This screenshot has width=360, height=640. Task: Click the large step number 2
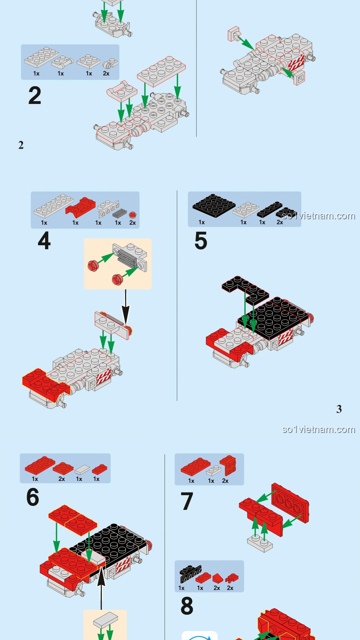(35, 96)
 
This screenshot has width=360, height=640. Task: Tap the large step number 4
(44, 241)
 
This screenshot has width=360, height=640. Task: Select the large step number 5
(201, 241)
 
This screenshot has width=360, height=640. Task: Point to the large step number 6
(33, 497)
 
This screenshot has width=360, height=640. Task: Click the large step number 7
(187, 501)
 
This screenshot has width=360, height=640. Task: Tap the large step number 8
(187, 606)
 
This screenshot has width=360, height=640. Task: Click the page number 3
(339, 409)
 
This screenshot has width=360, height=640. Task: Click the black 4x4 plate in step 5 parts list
(214, 205)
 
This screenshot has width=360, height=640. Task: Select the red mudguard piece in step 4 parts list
(81, 207)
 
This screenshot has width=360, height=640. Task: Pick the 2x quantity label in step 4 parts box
(132, 223)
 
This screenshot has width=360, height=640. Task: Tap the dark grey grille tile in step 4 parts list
(120, 213)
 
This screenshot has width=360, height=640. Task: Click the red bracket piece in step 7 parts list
(228, 465)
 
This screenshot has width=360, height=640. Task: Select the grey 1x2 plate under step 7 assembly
(260, 543)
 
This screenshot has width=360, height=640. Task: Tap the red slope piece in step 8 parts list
(217, 578)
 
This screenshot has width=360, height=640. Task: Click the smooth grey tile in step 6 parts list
(82, 470)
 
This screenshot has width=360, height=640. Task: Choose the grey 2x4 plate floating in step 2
(161, 71)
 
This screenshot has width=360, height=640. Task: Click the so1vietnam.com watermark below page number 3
(318, 429)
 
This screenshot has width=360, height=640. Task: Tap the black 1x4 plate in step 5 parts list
(269, 209)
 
